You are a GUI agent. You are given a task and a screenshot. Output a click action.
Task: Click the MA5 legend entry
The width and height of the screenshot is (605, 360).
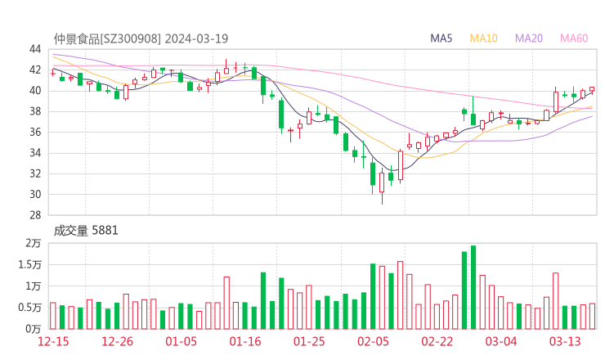pos(441,38)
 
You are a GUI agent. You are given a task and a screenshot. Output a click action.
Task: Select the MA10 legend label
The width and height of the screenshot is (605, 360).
pos(484,38)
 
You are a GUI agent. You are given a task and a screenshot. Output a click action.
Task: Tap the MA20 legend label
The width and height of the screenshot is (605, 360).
pos(529,38)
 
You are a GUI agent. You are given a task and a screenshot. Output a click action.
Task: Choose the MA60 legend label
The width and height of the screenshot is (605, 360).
pos(574,38)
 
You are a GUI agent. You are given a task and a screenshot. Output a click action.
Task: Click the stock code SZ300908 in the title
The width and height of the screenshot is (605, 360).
pos(132,38)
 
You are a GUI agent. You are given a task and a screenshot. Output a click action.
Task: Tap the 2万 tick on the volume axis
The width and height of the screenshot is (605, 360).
pos(33,244)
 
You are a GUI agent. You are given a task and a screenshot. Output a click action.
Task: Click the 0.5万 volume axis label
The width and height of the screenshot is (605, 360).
pos(29,308)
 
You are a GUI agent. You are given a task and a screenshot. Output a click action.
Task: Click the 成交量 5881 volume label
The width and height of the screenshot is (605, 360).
pos(86,231)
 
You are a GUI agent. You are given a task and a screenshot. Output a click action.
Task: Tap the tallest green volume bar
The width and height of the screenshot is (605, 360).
pos(473,286)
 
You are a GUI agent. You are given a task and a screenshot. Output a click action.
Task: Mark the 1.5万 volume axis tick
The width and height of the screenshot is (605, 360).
pos(29,265)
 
